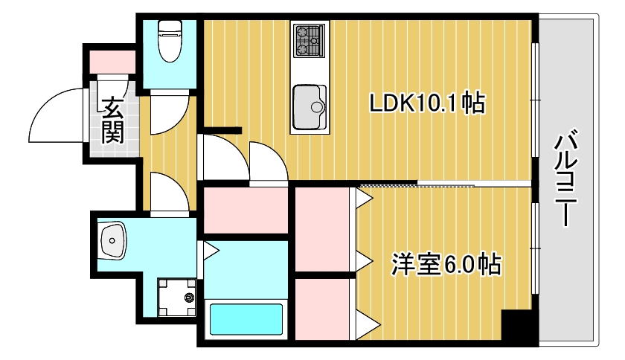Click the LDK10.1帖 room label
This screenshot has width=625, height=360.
click(427, 103)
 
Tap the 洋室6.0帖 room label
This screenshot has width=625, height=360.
click(445, 264)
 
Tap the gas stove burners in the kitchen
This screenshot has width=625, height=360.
click(309, 41)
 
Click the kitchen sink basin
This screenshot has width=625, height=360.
click(310, 107)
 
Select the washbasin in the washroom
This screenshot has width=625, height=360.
click(113, 240)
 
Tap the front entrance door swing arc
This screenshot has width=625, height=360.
click(56, 115)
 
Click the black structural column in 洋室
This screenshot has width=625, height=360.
click(516, 327)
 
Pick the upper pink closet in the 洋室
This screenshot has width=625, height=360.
click(323, 230)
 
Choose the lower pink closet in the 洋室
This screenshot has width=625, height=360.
click(323, 308)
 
